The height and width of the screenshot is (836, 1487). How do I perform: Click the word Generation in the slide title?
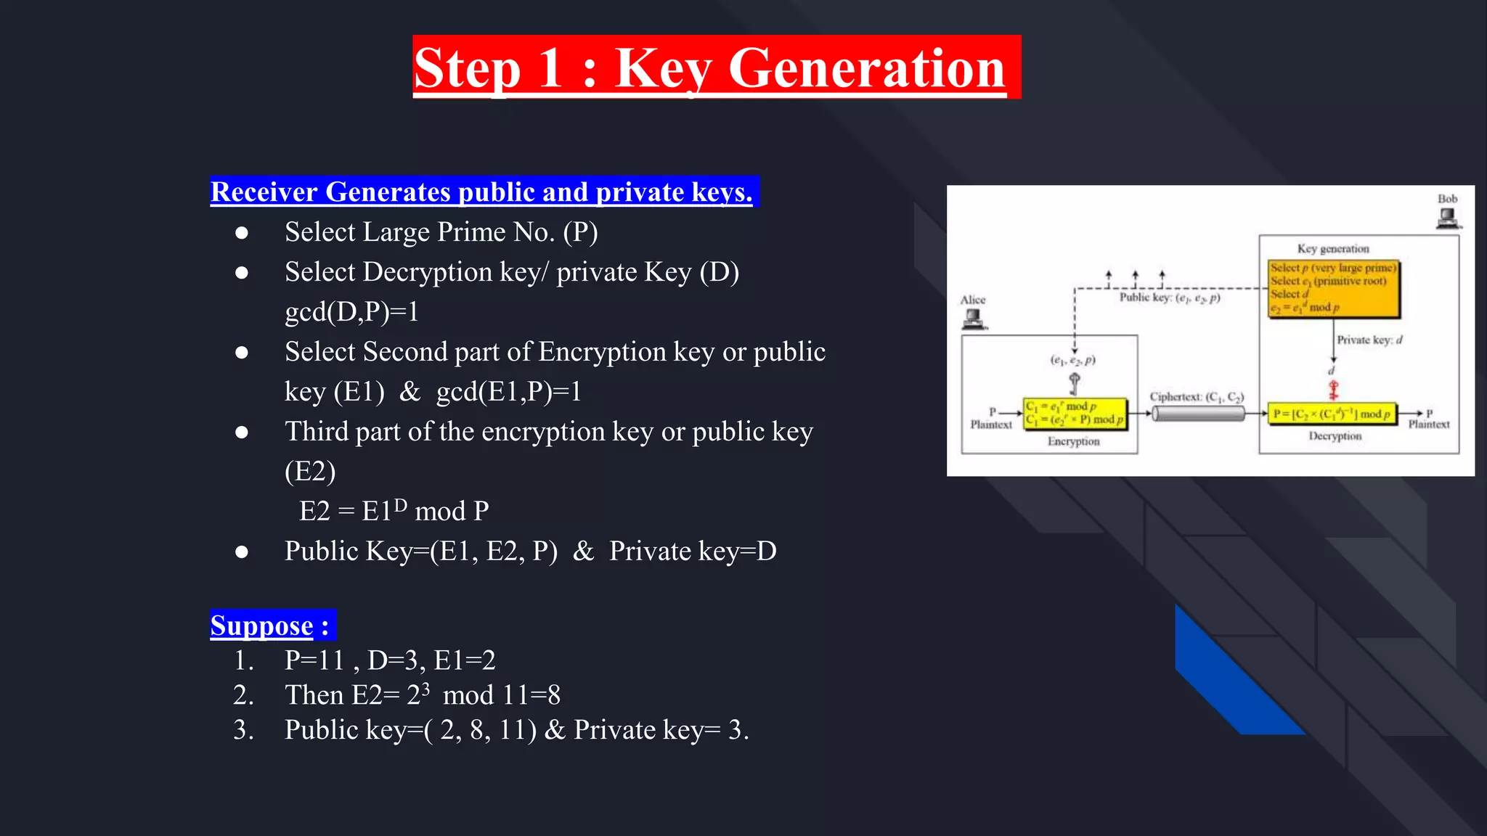point(866,68)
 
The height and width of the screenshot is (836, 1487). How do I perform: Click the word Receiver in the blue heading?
point(265,192)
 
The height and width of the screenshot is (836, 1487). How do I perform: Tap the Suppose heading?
point(262,626)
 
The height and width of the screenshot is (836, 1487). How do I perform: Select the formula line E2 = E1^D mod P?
point(394,510)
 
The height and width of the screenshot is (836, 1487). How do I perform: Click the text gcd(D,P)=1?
point(352,312)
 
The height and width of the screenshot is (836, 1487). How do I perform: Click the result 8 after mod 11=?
point(554,695)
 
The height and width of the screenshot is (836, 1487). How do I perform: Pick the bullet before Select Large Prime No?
point(242,233)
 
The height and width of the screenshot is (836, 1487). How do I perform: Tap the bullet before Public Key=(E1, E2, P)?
point(242,552)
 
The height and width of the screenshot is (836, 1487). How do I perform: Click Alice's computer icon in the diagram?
point(973,319)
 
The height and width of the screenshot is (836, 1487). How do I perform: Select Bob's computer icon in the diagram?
point(1447,218)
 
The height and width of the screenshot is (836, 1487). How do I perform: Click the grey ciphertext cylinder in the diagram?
point(1199,414)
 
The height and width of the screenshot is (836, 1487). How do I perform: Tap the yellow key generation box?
point(1333,289)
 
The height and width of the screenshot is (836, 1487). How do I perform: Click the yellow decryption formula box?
point(1332,414)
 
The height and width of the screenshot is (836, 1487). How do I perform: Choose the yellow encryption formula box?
point(1075,414)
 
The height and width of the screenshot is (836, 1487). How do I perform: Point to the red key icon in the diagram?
point(1333,390)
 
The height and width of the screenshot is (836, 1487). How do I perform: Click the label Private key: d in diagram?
point(1369,340)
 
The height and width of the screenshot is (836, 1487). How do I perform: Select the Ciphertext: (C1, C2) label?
point(1197,397)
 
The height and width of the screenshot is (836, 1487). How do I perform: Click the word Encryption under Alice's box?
point(1073,441)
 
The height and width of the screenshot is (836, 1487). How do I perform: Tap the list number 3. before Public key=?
point(244,730)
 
